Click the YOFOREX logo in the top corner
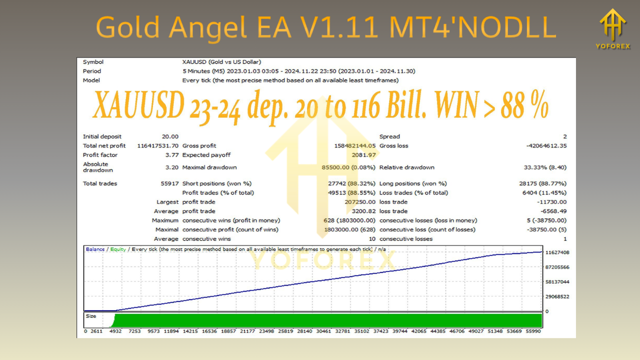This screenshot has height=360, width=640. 613,28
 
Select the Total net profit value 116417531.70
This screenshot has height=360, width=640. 157,146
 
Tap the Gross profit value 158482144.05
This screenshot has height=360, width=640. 354,146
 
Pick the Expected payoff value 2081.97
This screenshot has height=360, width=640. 365,155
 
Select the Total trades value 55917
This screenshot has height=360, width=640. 168,183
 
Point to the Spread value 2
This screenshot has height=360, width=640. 564,136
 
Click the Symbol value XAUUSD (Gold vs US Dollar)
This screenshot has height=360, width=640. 221,62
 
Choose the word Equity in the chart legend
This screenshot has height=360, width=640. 118,249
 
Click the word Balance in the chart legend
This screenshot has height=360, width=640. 95,249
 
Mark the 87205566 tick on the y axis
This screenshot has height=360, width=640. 557,267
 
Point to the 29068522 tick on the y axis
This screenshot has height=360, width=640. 557,296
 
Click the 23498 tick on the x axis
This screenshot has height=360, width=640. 266,331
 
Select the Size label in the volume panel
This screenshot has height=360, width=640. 90,316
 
